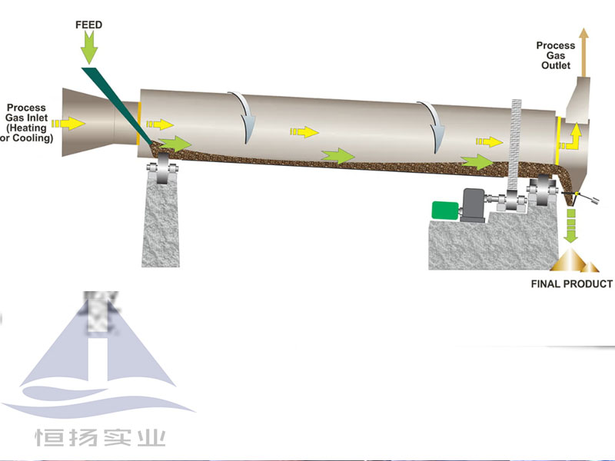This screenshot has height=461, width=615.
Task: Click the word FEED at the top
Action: pos(88,25)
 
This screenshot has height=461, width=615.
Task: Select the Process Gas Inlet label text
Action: pos(28,124)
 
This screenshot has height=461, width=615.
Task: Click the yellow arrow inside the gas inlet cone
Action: pos(74,123)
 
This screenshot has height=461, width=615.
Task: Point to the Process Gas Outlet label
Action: pos(555,56)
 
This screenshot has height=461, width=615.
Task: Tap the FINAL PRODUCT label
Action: pos(572,284)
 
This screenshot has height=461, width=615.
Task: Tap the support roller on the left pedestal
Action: pos(162,171)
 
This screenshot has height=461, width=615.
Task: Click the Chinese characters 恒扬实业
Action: pos(100,439)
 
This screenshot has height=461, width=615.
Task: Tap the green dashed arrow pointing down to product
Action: pos(570,227)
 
